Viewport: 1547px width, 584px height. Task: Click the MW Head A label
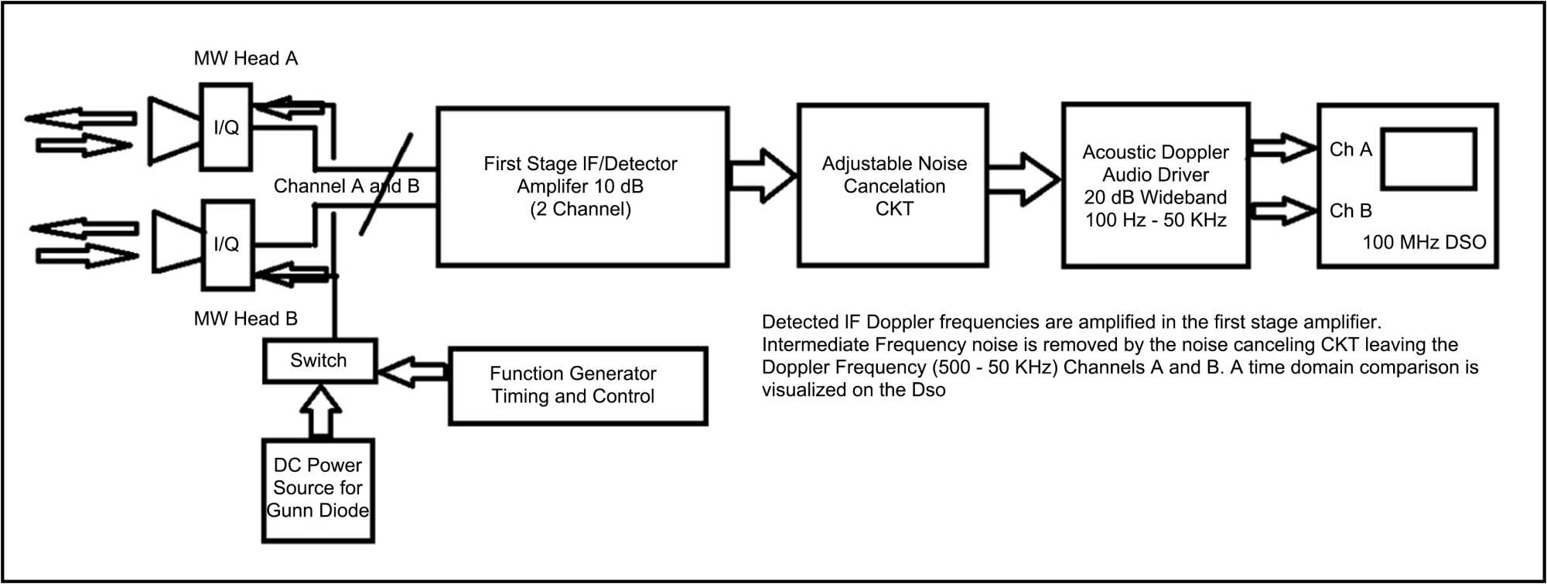pos(245,59)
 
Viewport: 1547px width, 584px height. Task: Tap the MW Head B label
pos(245,319)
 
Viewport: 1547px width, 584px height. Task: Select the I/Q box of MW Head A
pos(226,128)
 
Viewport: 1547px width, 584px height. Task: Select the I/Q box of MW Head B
pos(227,244)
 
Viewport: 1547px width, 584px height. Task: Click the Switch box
pos(319,360)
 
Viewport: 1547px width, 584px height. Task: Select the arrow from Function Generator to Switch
pos(412,372)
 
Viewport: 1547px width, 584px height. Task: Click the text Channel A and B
pos(346,186)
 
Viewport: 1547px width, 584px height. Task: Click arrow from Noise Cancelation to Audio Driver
pos(1023,179)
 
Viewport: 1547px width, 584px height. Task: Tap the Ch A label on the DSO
pos(1350,149)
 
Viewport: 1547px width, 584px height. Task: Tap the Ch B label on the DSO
pos(1350,210)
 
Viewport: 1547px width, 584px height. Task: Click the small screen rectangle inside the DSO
pos(1428,159)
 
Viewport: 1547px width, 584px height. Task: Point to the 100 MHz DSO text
pos(1423,243)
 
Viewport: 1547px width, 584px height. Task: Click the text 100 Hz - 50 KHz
pos(1155,220)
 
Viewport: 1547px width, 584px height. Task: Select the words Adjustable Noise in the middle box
pos(893,164)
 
